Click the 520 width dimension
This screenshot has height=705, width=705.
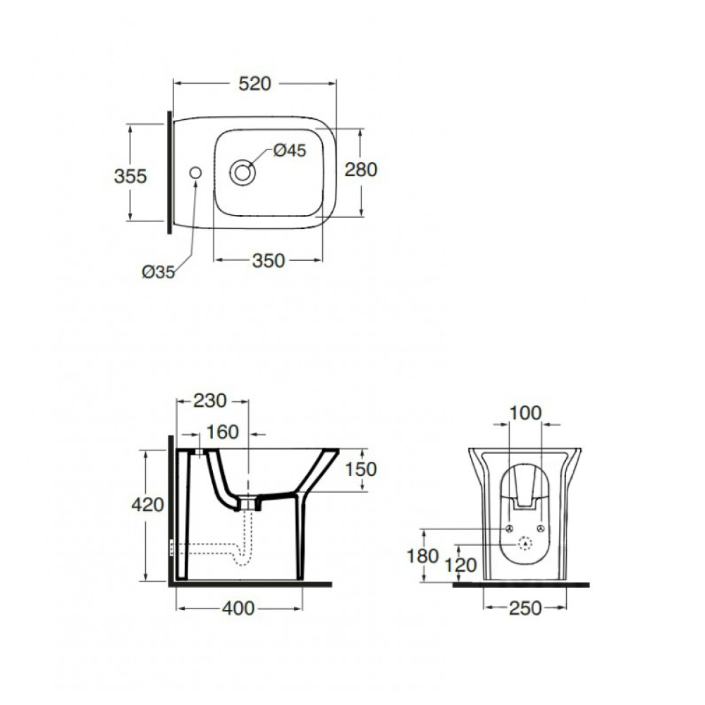click(x=255, y=84)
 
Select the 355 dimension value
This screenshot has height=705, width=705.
click(x=130, y=176)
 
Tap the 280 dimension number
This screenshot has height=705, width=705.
click(x=361, y=169)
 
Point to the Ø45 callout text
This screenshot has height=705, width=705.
click(x=290, y=150)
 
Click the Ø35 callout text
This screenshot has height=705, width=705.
click(x=158, y=271)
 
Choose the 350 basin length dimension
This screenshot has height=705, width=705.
click(x=269, y=261)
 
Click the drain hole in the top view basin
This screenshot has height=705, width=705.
click(x=243, y=173)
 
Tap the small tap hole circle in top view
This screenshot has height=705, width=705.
click(x=195, y=172)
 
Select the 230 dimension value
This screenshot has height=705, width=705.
click(x=209, y=400)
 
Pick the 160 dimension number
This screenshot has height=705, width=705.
click(x=222, y=432)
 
